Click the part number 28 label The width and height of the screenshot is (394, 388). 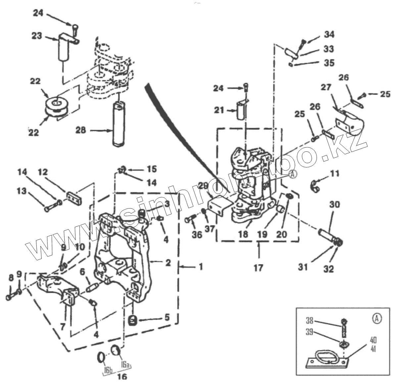point(80,130)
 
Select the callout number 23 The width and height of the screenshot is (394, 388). point(37,36)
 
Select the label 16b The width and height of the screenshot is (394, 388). point(108,369)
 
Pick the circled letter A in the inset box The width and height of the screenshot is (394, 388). point(376,318)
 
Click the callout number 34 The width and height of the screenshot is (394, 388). point(329,34)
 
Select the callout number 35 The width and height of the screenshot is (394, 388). point(329,63)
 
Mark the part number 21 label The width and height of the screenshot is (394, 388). point(219,110)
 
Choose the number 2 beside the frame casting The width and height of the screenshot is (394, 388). point(168,263)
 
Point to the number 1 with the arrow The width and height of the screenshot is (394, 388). point(200,266)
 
